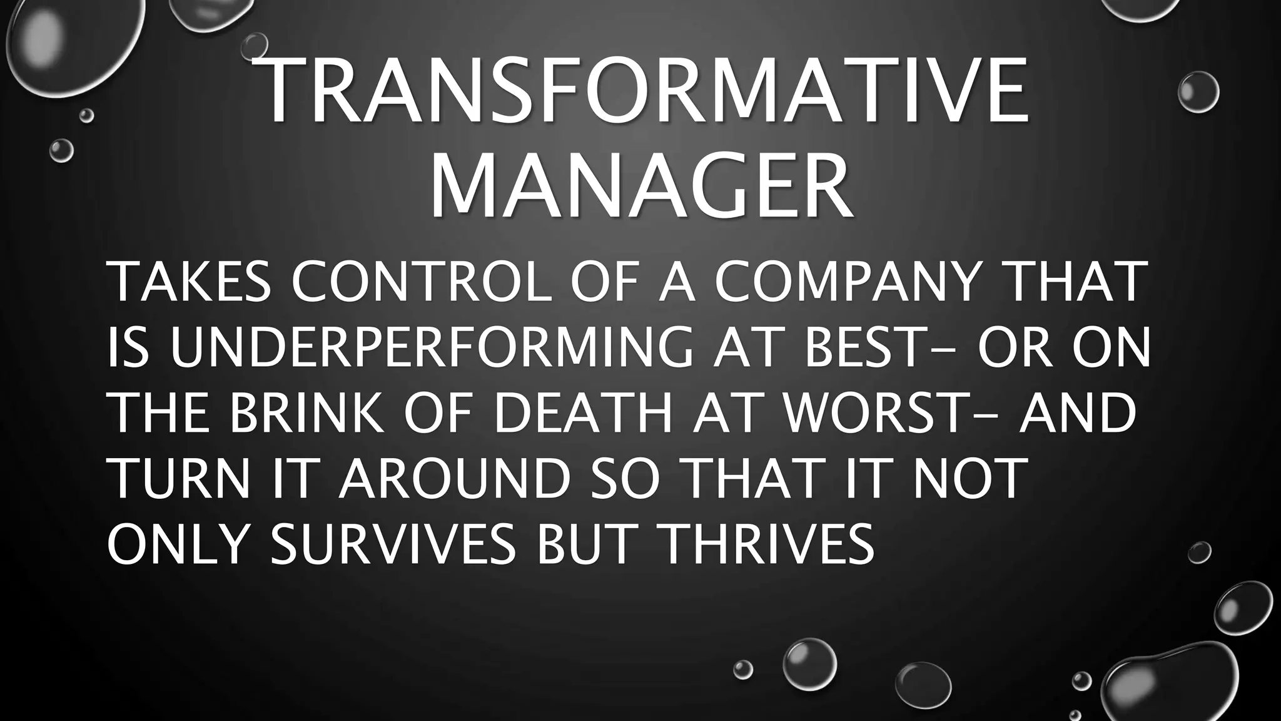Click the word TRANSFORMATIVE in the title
644,92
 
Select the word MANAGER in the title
641,182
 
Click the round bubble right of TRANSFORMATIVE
1198,92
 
